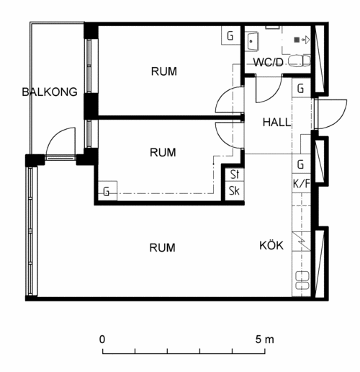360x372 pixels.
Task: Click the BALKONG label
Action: coord(50,92)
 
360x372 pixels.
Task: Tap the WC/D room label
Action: coord(269,62)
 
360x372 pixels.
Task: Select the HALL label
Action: coord(276,122)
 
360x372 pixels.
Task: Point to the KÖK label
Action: coord(271,245)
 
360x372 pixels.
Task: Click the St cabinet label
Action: coord(235,174)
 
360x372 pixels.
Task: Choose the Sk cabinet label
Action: coord(234,191)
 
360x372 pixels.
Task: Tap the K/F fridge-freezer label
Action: coord(302,184)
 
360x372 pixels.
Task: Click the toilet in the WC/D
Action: coord(300,61)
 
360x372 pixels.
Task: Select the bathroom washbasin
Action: coord(253,41)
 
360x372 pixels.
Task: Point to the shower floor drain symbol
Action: coord(297,40)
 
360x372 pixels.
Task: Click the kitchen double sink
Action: coord(302,280)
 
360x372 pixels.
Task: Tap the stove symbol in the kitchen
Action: coord(302,242)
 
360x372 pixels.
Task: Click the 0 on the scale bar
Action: coord(102,340)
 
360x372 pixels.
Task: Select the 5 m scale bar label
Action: coord(264,340)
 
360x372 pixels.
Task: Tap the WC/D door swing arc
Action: coord(273,94)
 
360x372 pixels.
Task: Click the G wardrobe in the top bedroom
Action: coord(230,35)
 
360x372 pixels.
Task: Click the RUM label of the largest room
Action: coord(162,247)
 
